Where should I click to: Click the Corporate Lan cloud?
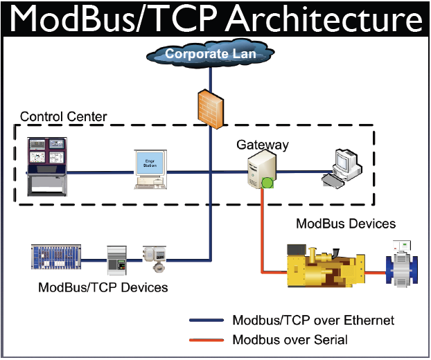click(211, 53)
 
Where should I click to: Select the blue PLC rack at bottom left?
click(56, 256)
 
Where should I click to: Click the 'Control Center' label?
click(63, 116)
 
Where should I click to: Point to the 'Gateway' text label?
click(263, 145)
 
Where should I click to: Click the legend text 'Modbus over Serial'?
click(290, 339)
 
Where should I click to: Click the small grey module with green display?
click(115, 260)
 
